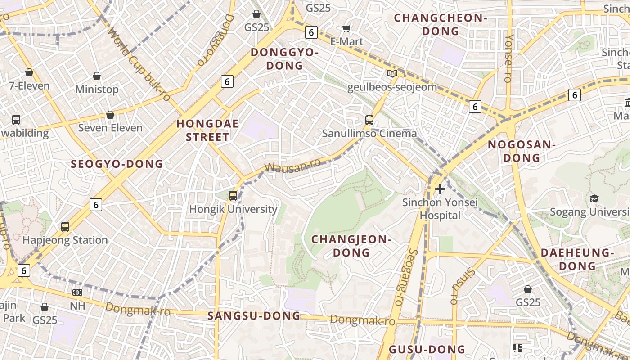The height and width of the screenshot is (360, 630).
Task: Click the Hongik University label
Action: click(x=233, y=209)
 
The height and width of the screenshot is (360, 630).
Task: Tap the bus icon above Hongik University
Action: click(x=233, y=195)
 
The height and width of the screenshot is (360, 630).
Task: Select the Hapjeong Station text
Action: click(x=65, y=240)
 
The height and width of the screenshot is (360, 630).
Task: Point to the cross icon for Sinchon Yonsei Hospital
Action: click(x=440, y=189)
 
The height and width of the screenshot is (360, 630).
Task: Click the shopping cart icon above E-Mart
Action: click(x=346, y=29)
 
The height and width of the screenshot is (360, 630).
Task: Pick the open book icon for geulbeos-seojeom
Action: click(x=392, y=73)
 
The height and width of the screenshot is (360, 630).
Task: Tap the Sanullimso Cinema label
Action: click(x=369, y=134)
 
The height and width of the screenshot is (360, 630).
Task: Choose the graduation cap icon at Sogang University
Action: click(x=594, y=198)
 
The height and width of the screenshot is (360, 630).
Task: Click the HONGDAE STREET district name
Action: click(x=207, y=130)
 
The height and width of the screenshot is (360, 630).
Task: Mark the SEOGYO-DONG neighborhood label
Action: click(x=117, y=164)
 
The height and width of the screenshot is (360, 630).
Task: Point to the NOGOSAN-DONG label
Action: click(x=522, y=151)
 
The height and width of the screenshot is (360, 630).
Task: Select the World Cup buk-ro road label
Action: click(x=139, y=64)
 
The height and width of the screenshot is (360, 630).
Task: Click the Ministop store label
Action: click(x=97, y=89)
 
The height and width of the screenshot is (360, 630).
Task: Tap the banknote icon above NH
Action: click(x=77, y=292)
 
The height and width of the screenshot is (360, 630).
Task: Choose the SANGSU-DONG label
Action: click(x=254, y=316)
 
